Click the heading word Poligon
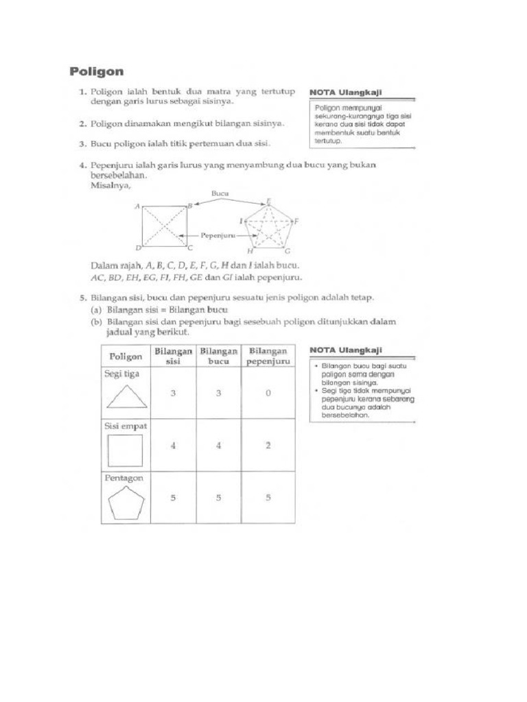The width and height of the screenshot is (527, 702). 97,71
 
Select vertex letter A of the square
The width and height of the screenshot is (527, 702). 138,206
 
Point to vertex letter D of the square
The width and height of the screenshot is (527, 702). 138,247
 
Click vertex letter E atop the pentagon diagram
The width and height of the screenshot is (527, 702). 268,200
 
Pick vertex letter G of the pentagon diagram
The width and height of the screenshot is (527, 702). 288,252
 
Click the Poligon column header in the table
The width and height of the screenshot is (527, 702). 124,356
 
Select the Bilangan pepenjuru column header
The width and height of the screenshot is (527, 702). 268,356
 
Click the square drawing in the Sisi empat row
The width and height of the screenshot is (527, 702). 126,450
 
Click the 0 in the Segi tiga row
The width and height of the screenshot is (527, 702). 268,393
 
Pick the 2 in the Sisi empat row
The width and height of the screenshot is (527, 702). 268,445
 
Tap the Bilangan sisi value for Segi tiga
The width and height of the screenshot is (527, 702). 173,393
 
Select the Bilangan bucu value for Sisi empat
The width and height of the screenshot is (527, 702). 218,445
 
